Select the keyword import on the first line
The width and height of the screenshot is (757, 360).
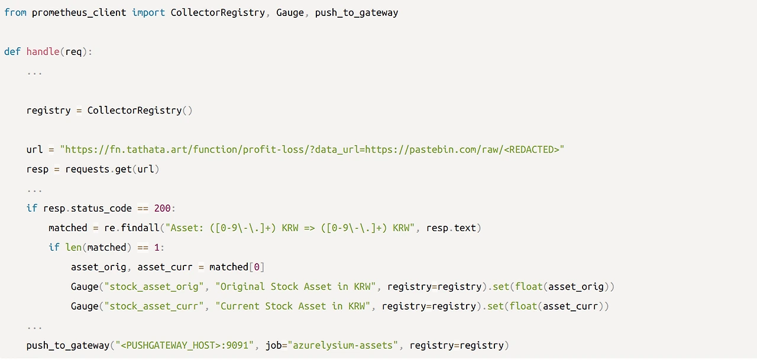pyautogui.click(x=148, y=12)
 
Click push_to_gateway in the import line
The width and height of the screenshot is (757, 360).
pyautogui.click(x=356, y=12)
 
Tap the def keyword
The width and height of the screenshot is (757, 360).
pyautogui.click(x=12, y=51)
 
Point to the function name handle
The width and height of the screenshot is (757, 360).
pyautogui.click(x=43, y=51)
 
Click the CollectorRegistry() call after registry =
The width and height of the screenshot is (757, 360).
pyautogui.click(x=140, y=111)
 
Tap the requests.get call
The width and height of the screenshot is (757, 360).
pyautogui.click(x=98, y=169)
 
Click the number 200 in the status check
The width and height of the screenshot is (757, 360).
pyautogui.click(x=162, y=208)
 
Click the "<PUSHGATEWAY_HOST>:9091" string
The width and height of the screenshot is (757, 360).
pyautogui.click(x=185, y=345)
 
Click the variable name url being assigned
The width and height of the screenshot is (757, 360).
pyautogui.click(x=34, y=150)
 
